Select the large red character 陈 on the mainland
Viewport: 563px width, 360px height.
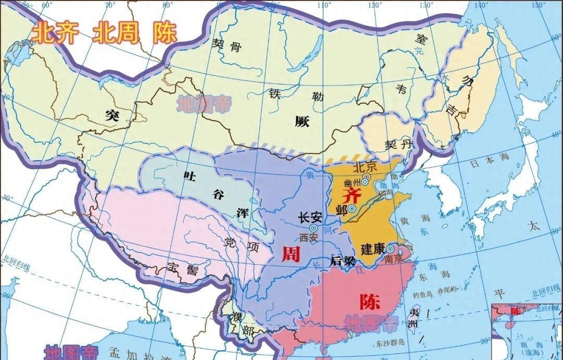(x=370, y=302)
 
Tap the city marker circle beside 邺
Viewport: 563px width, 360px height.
(x=352, y=209)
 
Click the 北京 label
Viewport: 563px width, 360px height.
(x=364, y=168)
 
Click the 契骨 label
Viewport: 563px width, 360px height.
(x=227, y=46)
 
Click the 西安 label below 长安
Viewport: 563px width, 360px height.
(x=309, y=237)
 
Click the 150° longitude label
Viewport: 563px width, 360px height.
(x=539, y=5)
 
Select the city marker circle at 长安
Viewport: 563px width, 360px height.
(x=313, y=228)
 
